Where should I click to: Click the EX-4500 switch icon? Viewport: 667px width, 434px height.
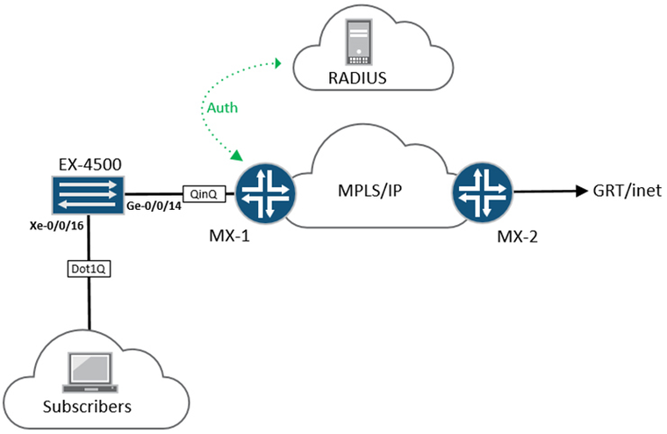(x=86, y=193)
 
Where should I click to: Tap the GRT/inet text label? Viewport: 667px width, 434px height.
(x=628, y=191)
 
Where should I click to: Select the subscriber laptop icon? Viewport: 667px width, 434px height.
(x=87, y=369)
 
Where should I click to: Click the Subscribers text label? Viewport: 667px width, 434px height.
(x=87, y=406)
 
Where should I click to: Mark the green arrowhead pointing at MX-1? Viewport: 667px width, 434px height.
(x=237, y=156)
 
